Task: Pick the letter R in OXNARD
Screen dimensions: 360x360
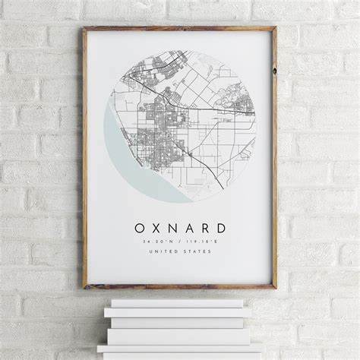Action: pos(205,227)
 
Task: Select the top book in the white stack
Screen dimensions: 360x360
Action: pos(175,303)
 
